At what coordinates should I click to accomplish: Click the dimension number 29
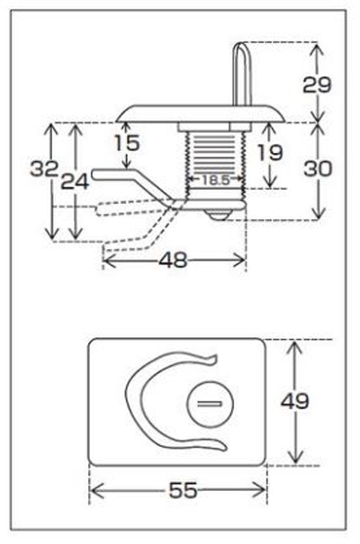coord(317,85)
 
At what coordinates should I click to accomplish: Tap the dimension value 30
coord(318,169)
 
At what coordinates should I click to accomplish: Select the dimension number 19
coord(270,153)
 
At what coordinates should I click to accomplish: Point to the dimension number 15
coord(127,143)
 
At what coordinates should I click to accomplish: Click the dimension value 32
coord(44,169)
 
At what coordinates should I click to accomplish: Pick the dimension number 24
coord(75,181)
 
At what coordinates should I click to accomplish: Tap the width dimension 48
coord(173,260)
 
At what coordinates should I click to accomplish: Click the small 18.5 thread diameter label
coord(216,180)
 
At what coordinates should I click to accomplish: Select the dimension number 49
coord(294,401)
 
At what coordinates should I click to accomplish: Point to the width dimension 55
coord(183,491)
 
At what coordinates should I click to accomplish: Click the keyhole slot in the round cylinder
coord(210,403)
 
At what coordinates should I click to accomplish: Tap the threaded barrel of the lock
coord(216,159)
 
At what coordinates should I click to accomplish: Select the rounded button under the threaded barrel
coord(218,215)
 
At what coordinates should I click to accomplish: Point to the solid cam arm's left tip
coord(93,174)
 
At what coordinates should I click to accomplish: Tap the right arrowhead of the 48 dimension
coord(243,260)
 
